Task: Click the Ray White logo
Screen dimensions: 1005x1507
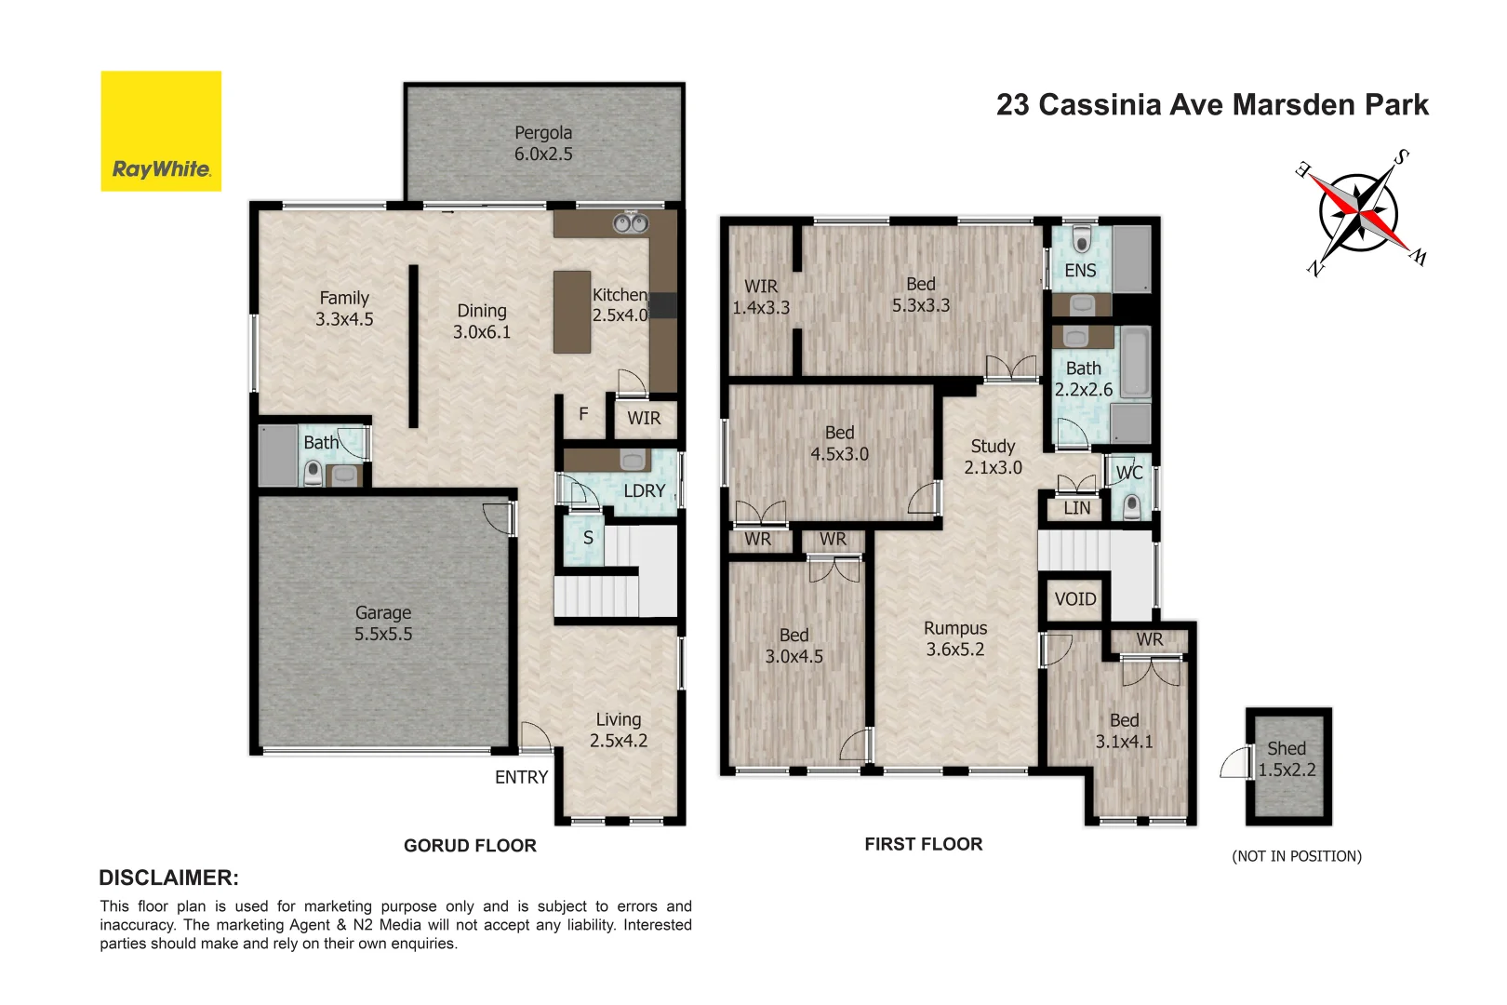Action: (161, 131)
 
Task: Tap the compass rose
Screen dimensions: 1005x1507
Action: (1359, 213)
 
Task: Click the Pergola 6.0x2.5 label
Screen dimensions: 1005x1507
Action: (543, 143)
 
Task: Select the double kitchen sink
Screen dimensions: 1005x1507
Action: (630, 223)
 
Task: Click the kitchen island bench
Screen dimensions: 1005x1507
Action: (571, 312)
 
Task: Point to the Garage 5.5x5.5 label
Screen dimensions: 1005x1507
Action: (382, 623)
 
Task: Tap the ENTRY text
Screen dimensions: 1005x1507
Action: (521, 777)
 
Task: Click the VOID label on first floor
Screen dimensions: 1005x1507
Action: (1074, 599)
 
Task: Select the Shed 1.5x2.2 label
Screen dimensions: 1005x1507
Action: (1287, 759)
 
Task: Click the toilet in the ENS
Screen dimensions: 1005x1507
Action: (1081, 239)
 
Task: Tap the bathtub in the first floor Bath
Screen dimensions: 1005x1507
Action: (1135, 361)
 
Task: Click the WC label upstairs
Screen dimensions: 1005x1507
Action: (1128, 473)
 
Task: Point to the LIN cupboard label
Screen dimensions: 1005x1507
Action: (1076, 508)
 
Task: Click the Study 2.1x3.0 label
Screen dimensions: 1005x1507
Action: (993, 457)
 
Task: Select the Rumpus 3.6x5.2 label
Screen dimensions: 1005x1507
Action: (954, 639)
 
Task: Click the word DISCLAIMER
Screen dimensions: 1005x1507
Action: (168, 878)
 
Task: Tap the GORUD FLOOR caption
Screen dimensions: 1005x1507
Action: (470, 846)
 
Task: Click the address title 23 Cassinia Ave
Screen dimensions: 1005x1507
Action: (1211, 105)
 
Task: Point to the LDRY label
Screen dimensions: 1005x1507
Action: (644, 490)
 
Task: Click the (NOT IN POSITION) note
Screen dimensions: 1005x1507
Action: (1296, 856)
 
